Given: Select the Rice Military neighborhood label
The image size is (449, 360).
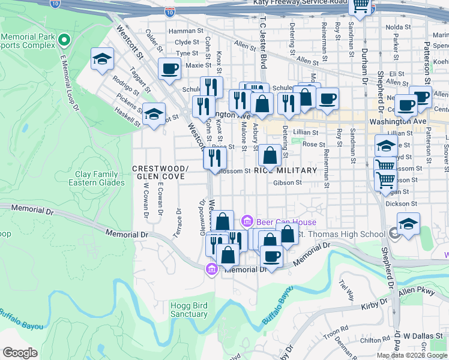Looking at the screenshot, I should pyautogui.click(x=285, y=170).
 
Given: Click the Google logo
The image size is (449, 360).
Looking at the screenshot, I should pyautogui.click(x=20, y=353).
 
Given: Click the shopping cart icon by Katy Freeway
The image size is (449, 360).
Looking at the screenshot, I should pyautogui.click(x=361, y=6).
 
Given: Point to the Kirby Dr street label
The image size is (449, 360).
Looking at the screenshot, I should pyautogui.click(x=373, y=307).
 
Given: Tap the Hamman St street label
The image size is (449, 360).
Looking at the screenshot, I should pyautogui.click(x=186, y=31).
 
